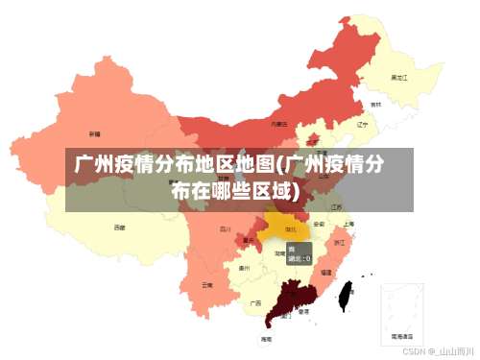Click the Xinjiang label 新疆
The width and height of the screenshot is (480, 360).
point(94,133)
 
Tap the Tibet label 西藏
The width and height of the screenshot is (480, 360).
point(119,228)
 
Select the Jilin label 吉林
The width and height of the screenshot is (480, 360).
point(375,105)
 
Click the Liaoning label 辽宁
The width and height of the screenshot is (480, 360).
point(362,124)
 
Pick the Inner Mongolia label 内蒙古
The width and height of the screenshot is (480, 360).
point(278,124)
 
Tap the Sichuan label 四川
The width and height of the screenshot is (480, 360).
point(225,229)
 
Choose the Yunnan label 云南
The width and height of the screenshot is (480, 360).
point(207,284)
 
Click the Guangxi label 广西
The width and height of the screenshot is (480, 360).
point(255,301)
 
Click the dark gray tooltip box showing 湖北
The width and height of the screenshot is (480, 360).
point(300,253)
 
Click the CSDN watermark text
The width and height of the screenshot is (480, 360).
point(439,352)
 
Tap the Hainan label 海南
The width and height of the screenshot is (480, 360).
point(266,339)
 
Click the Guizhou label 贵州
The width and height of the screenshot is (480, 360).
point(244,268)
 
